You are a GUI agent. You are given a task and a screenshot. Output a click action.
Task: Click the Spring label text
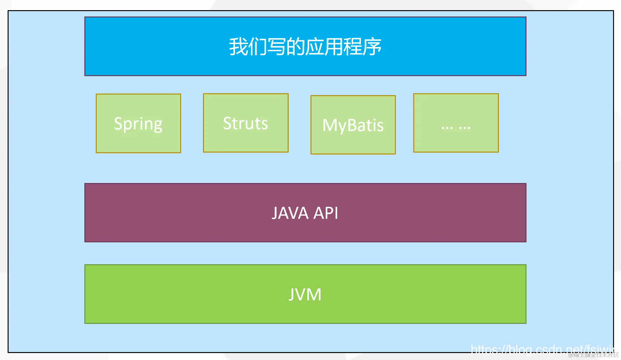coord(138,124)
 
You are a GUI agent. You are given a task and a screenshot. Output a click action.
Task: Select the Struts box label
coord(245,123)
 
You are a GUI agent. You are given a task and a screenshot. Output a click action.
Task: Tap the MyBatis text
coord(353,125)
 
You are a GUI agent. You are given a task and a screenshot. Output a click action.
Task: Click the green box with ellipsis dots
coord(456,123)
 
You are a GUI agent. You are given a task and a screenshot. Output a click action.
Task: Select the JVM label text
coord(305,294)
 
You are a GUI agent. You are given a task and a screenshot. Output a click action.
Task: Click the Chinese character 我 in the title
coord(238,47)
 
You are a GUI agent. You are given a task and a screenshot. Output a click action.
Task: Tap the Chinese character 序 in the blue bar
coord(372,47)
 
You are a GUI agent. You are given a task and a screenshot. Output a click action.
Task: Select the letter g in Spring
coord(157,125)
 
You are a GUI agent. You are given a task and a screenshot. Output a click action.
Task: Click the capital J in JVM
coord(292,295)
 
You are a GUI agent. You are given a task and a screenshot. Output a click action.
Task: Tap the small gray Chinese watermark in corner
coord(593,355)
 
